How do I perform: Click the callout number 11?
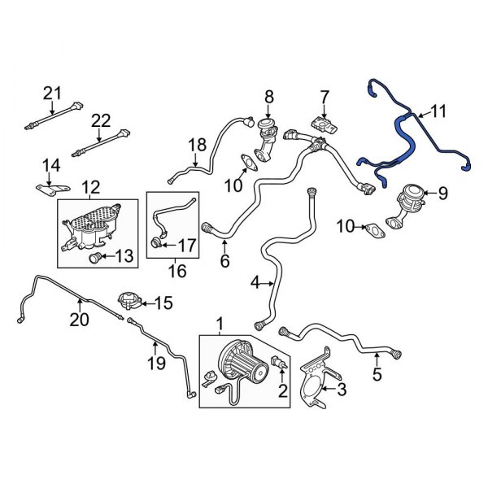[438, 111]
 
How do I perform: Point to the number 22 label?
[100, 120]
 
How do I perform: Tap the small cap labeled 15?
[126, 301]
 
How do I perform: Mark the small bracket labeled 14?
[48, 189]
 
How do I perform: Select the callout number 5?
[376, 375]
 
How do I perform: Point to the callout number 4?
[256, 283]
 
